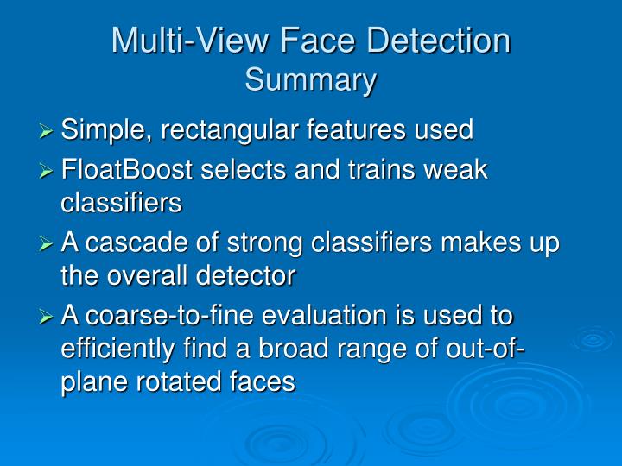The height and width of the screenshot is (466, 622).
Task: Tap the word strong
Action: tap(227, 244)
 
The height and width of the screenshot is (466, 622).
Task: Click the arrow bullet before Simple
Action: tap(48, 132)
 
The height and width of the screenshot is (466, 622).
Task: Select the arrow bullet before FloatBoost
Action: tap(48, 172)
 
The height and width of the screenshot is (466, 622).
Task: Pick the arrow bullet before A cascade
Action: tap(48, 245)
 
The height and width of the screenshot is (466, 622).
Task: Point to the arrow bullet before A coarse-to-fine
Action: tap(48, 318)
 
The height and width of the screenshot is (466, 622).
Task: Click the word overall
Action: tap(143, 276)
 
